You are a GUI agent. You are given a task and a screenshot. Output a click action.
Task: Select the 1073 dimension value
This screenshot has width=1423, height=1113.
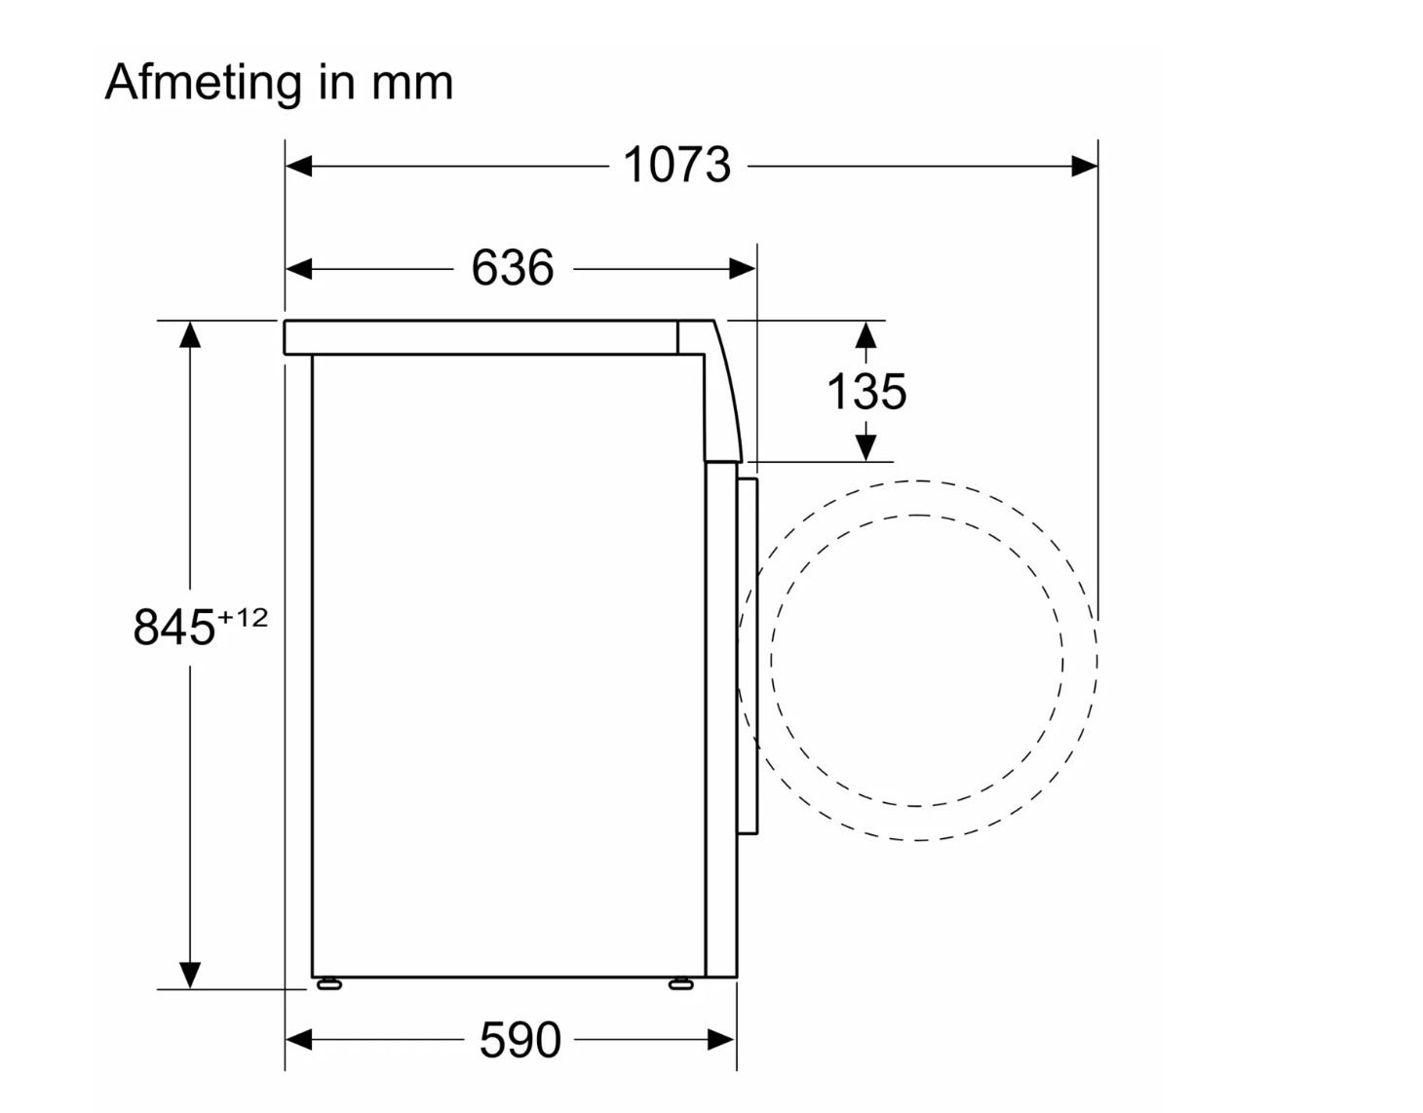click(676, 165)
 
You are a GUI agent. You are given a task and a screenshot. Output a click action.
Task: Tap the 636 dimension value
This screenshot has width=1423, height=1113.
click(513, 267)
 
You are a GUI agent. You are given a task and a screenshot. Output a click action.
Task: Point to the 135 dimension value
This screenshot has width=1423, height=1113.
click(866, 392)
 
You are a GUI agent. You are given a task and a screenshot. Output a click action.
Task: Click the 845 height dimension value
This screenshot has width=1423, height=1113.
click(173, 627)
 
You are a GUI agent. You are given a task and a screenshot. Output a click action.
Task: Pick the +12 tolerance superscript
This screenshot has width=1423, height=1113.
click(243, 617)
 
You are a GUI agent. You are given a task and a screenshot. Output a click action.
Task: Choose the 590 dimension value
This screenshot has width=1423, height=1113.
click(520, 1040)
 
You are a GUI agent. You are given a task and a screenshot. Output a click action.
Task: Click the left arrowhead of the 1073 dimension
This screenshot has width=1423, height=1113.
click(299, 167)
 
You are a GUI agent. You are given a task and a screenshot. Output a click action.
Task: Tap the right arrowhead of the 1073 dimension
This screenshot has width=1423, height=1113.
click(1085, 167)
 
